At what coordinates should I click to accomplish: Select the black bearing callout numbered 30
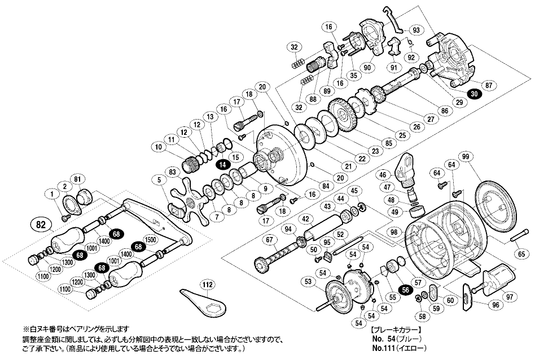tap(475, 95)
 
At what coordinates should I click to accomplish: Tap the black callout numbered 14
tap(223, 165)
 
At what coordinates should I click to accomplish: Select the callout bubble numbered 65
tap(520, 254)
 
